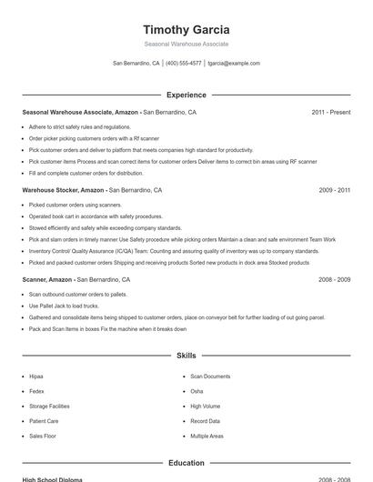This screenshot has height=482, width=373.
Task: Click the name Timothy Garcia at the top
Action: (x=186, y=29)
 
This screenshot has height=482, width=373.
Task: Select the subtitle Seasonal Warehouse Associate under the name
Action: (x=186, y=44)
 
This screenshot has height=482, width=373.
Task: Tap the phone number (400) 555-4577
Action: (x=184, y=64)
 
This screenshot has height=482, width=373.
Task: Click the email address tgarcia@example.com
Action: (x=234, y=64)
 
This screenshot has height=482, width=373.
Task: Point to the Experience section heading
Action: (x=186, y=95)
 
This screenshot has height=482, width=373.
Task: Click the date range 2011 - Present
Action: (x=330, y=113)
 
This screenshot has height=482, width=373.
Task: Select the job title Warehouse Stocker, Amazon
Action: (x=63, y=191)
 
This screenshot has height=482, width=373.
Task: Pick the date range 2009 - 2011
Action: (x=335, y=191)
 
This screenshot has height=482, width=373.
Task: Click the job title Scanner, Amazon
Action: (x=48, y=280)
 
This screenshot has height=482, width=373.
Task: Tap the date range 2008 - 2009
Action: (x=335, y=280)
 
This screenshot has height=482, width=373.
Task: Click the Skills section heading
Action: (x=186, y=355)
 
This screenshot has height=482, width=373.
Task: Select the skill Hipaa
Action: (x=36, y=377)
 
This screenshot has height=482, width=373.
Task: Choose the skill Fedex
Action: (x=36, y=391)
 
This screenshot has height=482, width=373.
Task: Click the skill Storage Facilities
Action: (x=49, y=407)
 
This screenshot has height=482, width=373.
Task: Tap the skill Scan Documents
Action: (x=210, y=377)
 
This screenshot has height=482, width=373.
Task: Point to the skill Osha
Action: (x=197, y=391)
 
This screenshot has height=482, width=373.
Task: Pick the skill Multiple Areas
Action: (x=207, y=437)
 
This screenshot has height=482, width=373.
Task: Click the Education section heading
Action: (x=186, y=463)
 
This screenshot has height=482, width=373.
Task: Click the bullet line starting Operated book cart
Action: (x=96, y=217)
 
